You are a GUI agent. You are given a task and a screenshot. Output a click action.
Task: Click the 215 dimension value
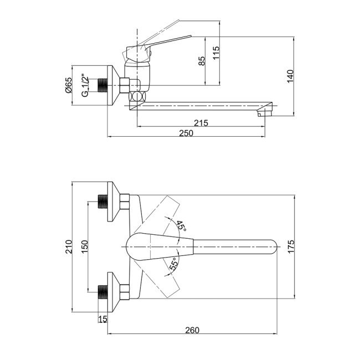click(x=201, y=123)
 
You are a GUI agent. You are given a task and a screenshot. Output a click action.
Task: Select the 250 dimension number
click(x=186, y=133)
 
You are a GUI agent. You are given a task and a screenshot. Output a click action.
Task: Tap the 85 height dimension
click(x=202, y=61)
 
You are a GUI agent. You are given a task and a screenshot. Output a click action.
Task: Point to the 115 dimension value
click(x=216, y=53)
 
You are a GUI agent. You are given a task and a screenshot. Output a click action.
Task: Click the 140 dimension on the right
click(x=290, y=76)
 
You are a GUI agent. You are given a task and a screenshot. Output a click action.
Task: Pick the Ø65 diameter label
click(x=69, y=85)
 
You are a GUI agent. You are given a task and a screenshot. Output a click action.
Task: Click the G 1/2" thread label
click(x=85, y=85)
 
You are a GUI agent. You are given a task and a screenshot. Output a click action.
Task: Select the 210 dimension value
click(x=69, y=246)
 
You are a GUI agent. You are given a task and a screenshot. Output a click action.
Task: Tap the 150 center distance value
click(x=85, y=246)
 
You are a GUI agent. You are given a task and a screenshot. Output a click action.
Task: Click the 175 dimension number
click(x=291, y=246)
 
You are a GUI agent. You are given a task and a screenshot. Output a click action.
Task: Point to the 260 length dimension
click(x=192, y=330)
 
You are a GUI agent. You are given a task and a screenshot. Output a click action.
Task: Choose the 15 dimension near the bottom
click(x=102, y=318)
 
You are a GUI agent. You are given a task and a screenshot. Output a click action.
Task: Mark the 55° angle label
click(x=174, y=264)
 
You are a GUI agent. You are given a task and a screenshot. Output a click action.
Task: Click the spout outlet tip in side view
click(x=265, y=114)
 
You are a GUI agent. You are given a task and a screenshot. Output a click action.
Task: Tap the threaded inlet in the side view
click(x=103, y=85)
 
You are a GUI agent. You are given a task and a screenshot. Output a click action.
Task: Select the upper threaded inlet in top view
click(x=103, y=202)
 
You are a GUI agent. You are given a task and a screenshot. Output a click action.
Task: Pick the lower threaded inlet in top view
click(x=103, y=292)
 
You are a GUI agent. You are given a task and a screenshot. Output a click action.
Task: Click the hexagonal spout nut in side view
click(x=137, y=96)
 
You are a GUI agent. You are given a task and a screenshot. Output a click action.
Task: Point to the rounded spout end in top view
click(x=273, y=247)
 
